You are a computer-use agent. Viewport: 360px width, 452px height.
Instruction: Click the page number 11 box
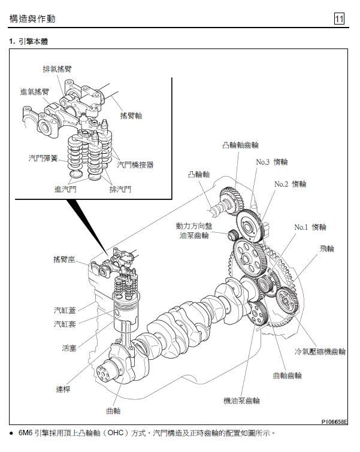coord(339,19)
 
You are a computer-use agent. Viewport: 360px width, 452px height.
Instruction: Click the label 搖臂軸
coord(131,115)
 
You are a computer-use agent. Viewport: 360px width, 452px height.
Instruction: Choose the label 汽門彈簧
coord(44,159)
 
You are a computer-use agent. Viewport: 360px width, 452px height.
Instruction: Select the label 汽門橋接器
coord(135,164)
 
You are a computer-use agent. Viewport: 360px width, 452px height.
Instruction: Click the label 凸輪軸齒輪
coord(240,145)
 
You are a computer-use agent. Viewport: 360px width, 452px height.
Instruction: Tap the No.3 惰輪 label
coord(272,162)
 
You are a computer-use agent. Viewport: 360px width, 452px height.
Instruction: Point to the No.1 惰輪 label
coord(310,227)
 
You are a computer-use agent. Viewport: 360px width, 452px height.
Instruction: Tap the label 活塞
coord(69,347)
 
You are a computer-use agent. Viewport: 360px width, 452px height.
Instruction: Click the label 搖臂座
coord(64,259)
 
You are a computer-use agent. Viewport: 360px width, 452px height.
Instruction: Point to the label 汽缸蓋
coord(65,310)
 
